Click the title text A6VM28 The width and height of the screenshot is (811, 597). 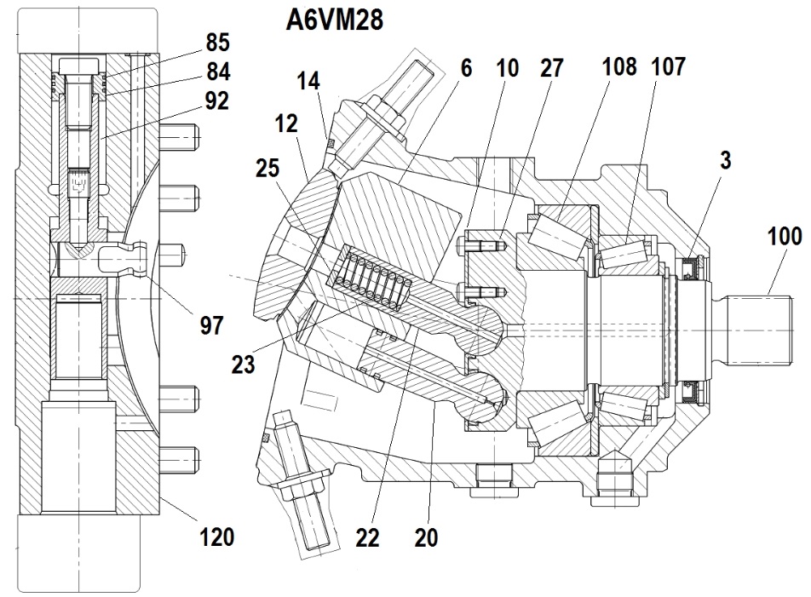click(x=335, y=20)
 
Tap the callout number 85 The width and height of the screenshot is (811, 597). click(x=217, y=43)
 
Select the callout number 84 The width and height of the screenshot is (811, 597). click(x=218, y=72)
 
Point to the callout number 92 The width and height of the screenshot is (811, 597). click(x=216, y=100)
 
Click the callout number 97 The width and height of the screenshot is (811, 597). click(x=211, y=325)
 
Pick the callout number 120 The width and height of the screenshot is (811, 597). click(x=217, y=537)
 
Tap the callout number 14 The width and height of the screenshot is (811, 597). click(x=308, y=81)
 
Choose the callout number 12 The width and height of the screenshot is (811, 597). click(x=286, y=123)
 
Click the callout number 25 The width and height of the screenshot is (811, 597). click(x=267, y=169)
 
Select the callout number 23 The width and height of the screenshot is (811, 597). click(x=243, y=365)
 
